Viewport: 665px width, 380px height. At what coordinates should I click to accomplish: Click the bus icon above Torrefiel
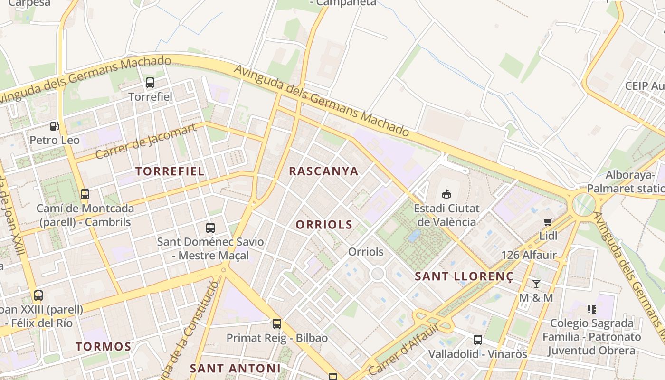pos(150,83)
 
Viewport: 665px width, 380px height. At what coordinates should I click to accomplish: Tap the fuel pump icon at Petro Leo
pos(55,126)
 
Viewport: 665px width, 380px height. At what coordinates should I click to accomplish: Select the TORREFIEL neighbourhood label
pos(170,171)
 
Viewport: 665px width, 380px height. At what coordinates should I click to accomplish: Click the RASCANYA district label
pos(323,171)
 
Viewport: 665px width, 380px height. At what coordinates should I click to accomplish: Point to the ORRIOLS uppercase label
pos(324,225)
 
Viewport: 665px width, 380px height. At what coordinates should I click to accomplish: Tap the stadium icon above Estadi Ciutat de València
pos(446,194)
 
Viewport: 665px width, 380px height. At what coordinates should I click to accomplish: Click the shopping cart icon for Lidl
pos(548,222)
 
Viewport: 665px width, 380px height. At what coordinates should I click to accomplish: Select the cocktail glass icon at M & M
pos(536,284)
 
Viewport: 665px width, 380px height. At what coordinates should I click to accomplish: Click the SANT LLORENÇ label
pos(464,276)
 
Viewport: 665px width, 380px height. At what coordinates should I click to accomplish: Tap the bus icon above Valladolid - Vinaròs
pos(478,340)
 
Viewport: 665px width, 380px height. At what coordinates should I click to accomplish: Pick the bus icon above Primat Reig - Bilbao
pos(277,324)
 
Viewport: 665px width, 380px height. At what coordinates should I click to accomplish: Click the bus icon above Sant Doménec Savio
pos(210,228)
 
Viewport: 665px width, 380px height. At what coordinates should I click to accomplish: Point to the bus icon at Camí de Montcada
pos(85,194)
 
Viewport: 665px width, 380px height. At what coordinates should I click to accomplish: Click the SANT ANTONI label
pos(235,368)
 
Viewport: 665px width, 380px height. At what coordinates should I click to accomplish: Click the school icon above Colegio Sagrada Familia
pos(591,309)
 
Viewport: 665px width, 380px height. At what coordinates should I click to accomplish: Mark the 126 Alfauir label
pos(529,255)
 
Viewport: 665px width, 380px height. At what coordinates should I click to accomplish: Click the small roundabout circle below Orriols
pos(378,274)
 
